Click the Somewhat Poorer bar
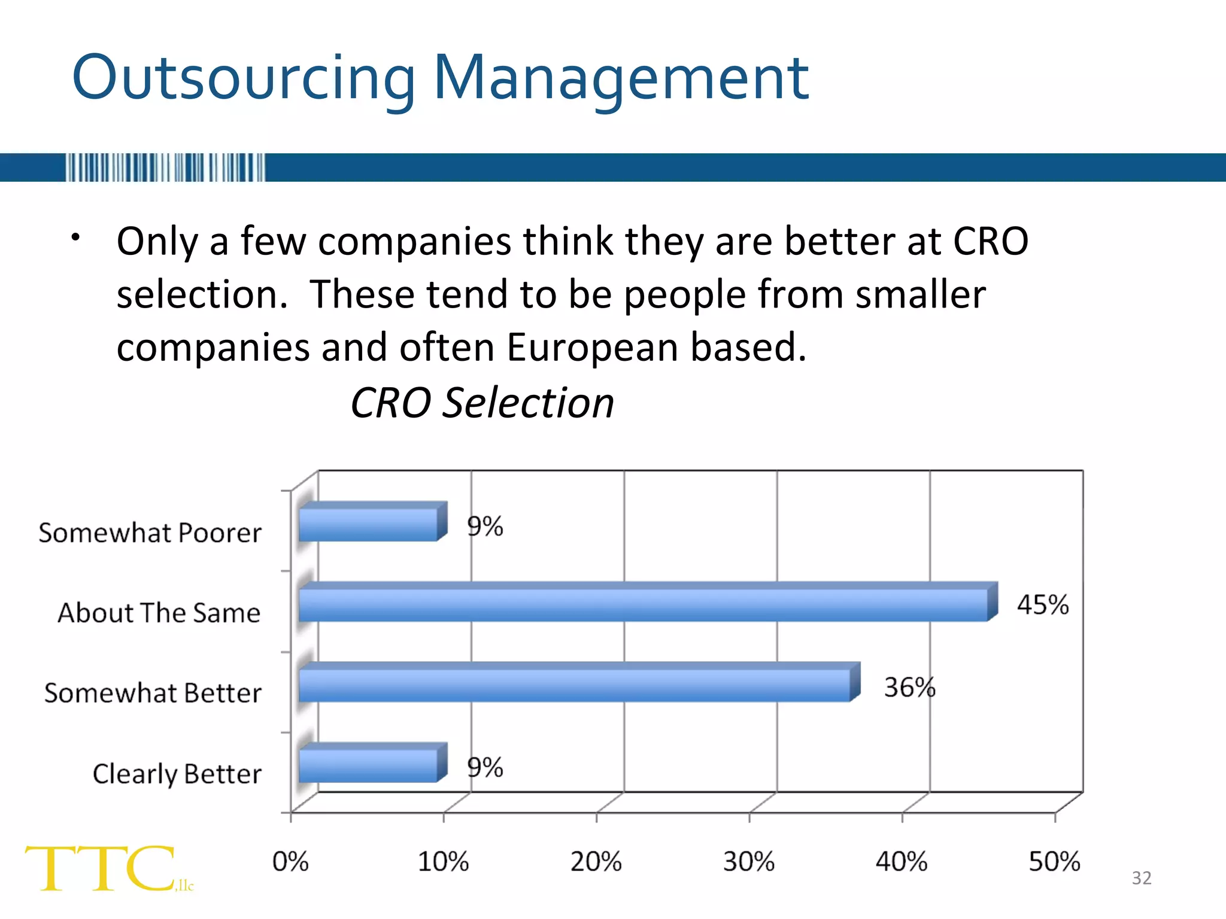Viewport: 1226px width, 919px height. click(x=368, y=524)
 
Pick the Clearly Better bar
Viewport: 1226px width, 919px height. click(x=368, y=765)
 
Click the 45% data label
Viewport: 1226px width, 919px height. click(x=1042, y=604)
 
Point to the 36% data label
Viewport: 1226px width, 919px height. click(x=909, y=687)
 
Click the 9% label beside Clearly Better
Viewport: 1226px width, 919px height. click(x=485, y=767)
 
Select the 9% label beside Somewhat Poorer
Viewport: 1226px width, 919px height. click(x=485, y=526)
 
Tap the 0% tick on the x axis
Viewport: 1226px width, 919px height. click(x=290, y=862)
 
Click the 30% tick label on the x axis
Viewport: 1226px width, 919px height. click(x=748, y=862)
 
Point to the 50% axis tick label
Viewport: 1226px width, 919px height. click(x=1054, y=862)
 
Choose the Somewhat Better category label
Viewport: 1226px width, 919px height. click(x=153, y=693)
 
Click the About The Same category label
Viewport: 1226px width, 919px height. click(x=159, y=613)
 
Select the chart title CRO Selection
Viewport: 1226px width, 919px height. click(x=482, y=402)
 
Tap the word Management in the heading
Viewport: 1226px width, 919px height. click(x=621, y=78)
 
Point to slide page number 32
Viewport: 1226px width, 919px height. click(x=1142, y=878)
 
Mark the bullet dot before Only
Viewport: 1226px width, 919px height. click(x=75, y=238)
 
